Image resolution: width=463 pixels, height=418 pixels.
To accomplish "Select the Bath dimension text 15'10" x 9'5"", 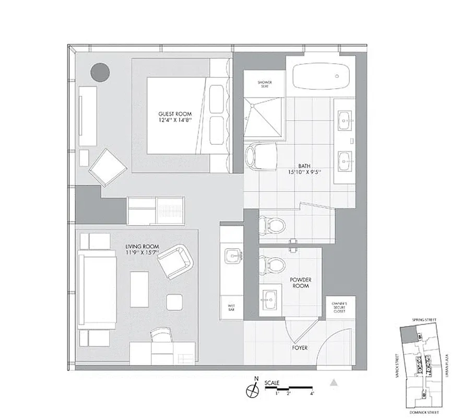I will (303, 172).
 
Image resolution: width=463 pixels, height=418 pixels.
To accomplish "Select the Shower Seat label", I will (265, 85).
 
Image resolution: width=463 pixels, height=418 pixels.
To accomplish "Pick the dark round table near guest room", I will (100, 72).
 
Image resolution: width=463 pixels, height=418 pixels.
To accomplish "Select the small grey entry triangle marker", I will (335, 382).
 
